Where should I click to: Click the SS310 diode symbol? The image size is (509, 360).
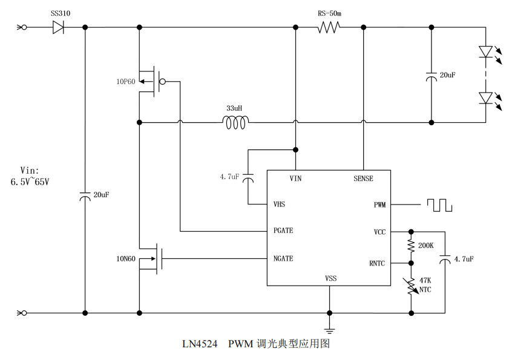tap(59, 27)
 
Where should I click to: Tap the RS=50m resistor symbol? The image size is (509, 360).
tap(329, 27)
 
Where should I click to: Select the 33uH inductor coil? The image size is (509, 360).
tap(235, 123)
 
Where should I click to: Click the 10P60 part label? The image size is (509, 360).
tap(126, 81)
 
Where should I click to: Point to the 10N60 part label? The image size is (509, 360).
tap(126, 259)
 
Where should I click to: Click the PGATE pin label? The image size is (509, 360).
tap(283, 231)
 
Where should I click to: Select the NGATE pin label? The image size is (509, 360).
tap(283, 259)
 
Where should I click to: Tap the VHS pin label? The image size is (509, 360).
tap(279, 205)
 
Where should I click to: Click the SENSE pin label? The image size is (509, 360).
tap(363, 178)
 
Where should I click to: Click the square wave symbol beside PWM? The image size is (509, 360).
tap(439, 205)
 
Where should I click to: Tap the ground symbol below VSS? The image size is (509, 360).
tap(330, 330)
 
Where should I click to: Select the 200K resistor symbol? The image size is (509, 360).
tap(412, 246)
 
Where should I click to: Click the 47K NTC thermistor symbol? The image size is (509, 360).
tap(412, 287)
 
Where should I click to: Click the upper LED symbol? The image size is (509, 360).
tap(486, 52)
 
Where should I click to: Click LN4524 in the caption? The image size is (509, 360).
tap(200, 344)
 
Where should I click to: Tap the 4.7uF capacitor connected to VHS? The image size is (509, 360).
tap(250, 179)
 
